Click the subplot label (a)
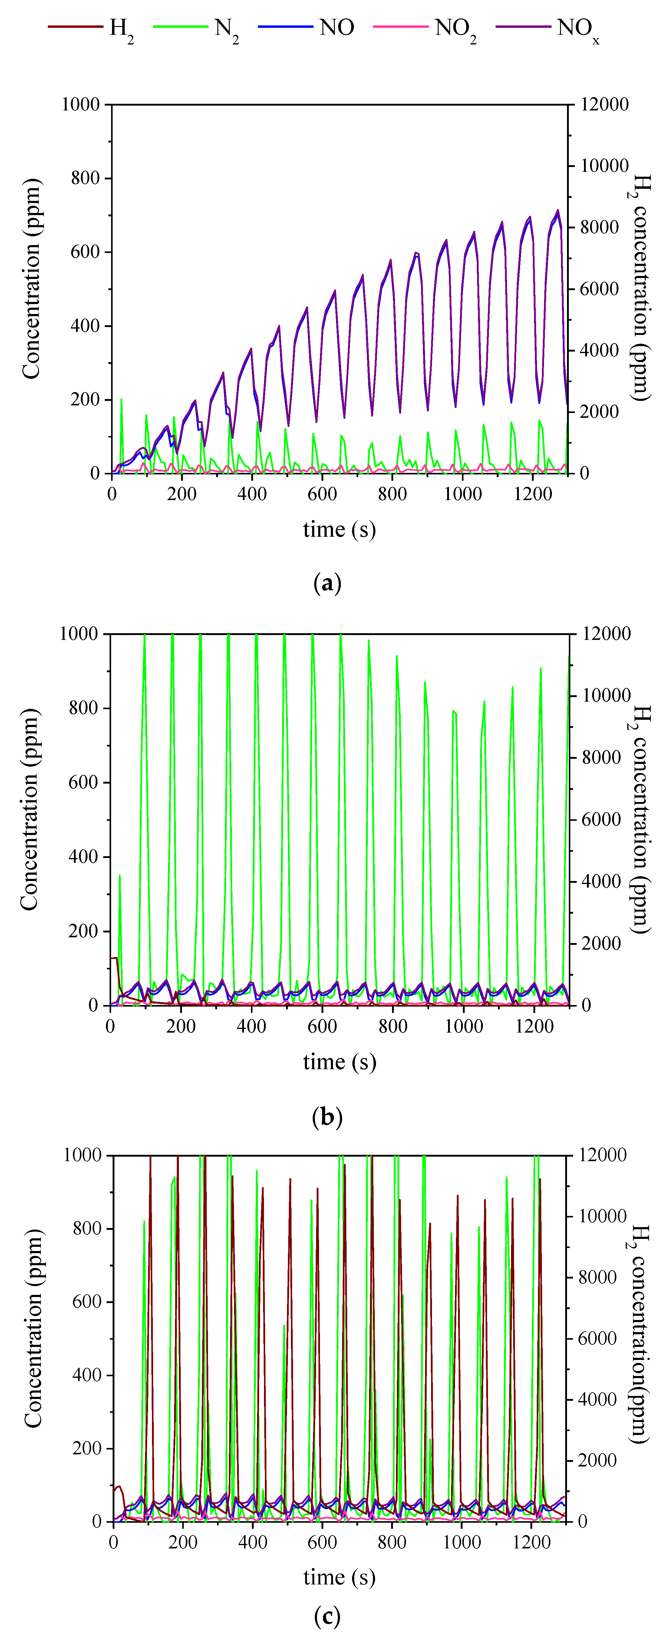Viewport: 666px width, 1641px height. [328, 583]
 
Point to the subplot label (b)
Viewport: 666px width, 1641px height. [328, 1117]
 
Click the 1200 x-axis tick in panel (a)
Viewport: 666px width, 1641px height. [533, 494]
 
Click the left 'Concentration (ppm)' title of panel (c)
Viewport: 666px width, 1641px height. [33, 1338]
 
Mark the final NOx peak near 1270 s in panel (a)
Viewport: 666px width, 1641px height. [558, 210]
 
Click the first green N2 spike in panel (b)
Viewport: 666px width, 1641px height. [120, 876]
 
